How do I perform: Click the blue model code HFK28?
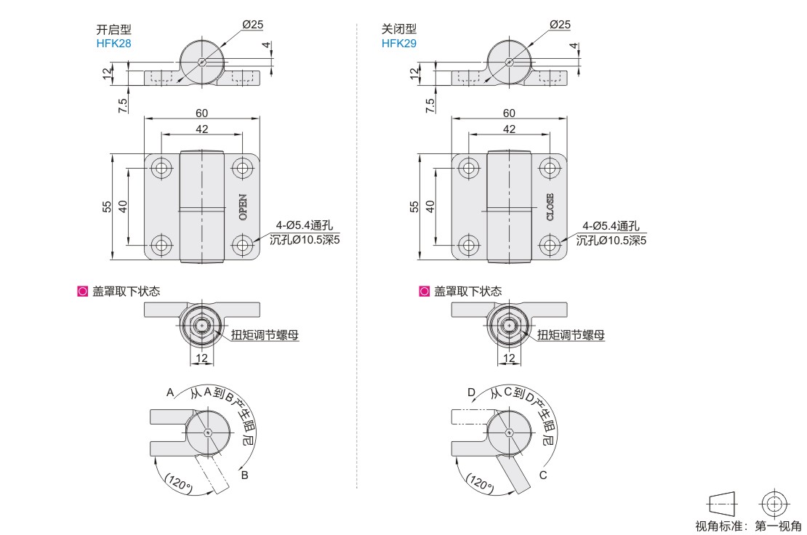pos(113,43)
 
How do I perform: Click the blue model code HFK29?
pos(399,43)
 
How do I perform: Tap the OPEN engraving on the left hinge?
pos(243,206)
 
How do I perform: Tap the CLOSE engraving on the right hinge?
pos(550,206)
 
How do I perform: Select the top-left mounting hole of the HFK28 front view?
pos(161,168)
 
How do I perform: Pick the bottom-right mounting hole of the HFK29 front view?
pos(550,244)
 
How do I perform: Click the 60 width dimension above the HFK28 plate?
pos(202,113)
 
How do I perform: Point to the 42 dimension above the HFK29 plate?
pos(508,129)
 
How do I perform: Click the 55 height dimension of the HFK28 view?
pos(107,206)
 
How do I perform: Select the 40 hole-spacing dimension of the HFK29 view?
pos(430,206)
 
